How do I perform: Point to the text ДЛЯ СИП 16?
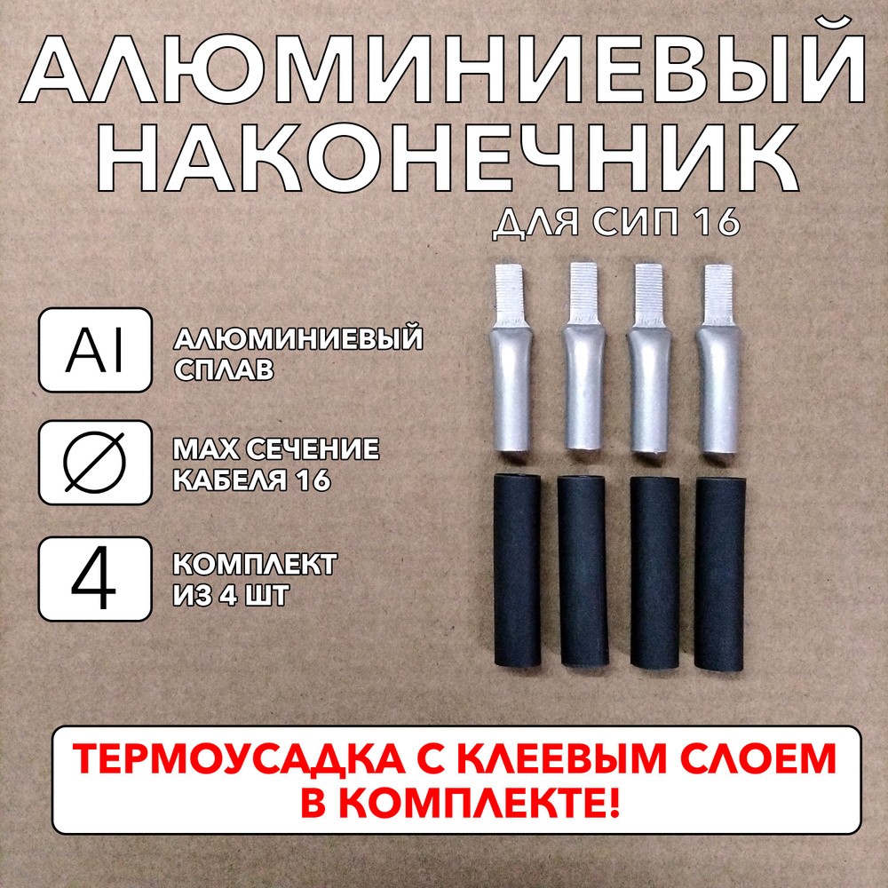615,223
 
